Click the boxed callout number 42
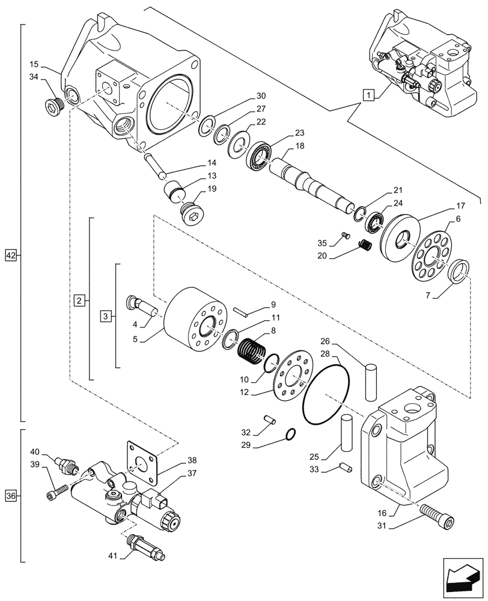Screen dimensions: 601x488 click(x=11, y=255)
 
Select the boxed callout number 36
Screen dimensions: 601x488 click(x=11, y=496)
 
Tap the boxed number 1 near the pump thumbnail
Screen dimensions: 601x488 click(x=368, y=94)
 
